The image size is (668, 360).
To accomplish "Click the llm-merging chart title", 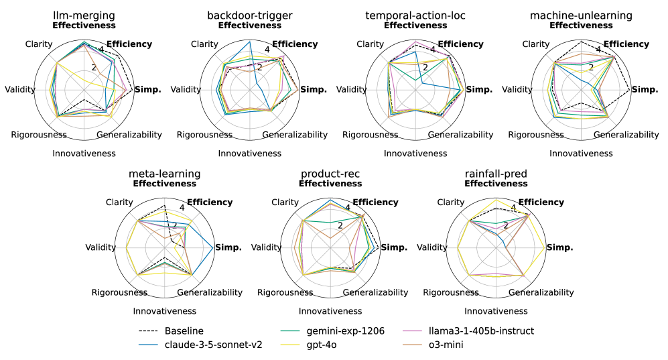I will [84, 15].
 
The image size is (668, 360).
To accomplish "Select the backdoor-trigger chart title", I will [250, 15].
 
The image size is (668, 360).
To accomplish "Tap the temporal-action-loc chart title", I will [415, 15].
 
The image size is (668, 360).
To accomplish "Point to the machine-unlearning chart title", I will [581, 15].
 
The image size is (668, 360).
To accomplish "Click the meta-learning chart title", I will [165, 174].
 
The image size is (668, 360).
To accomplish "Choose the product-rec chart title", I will [330, 174].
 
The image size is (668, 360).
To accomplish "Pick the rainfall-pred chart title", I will [496, 174].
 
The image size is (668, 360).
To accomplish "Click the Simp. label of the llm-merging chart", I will [147, 90].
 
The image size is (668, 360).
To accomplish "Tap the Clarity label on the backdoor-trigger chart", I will [204, 44].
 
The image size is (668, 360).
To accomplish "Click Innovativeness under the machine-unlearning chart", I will [581, 154].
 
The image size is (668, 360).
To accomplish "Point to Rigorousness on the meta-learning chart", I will [119, 293].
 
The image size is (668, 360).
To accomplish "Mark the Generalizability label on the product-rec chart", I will [376, 293].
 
